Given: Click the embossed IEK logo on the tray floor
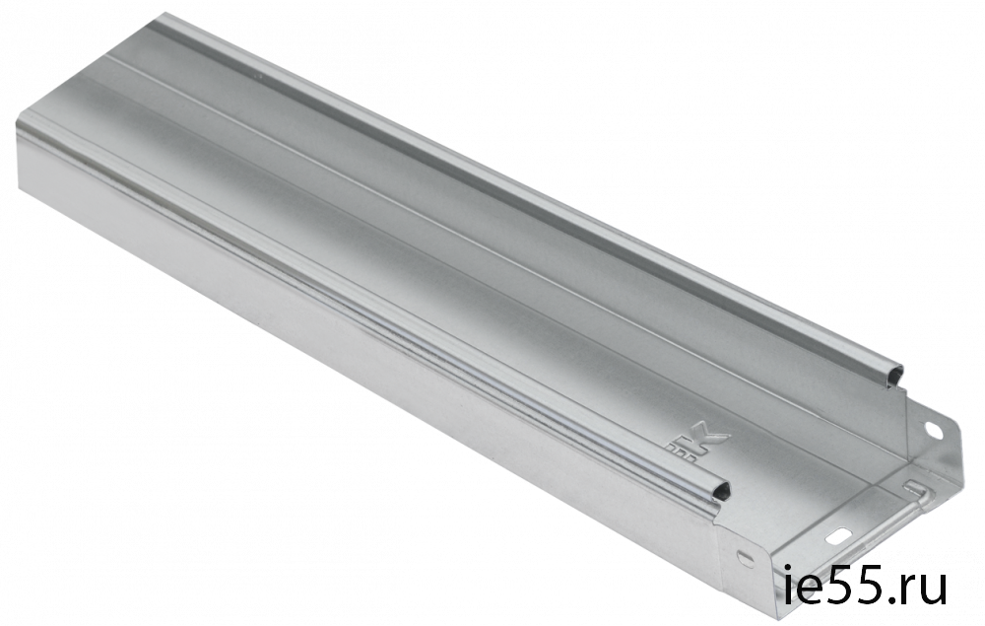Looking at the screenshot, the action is pyautogui.click(x=701, y=445).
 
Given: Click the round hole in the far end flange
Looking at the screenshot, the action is pyautogui.click(x=932, y=431).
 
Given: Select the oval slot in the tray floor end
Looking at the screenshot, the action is pyautogui.click(x=836, y=537).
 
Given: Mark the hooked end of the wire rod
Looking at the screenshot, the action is pyautogui.click(x=915, y=487).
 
